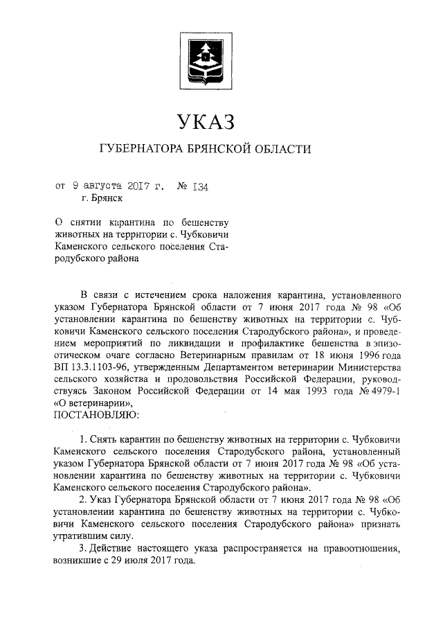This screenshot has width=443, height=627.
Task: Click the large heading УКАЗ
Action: (x=206, y=123)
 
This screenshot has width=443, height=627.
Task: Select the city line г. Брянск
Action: (x=102, y=199)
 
